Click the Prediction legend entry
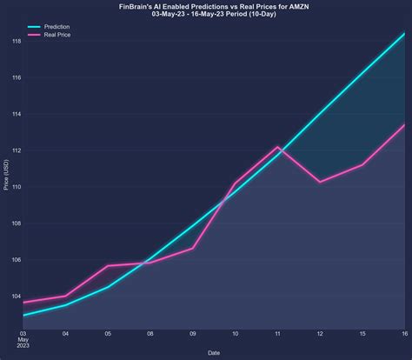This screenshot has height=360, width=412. tap(57, 27)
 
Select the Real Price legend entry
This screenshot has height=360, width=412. tap(57, 35)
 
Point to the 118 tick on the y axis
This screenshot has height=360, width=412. tap(16, 41)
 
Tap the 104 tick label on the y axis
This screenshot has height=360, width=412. tap(16, 296)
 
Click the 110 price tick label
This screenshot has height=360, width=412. tap(16, 187)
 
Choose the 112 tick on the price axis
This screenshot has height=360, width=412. tap(16, 150)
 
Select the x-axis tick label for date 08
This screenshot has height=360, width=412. tap(150, 334)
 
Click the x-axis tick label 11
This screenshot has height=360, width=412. tap(277, 334)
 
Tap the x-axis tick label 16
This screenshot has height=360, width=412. tap(404, 334)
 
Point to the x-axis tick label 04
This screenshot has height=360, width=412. tap(66, 334)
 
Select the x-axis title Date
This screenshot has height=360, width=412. tap(214, 352)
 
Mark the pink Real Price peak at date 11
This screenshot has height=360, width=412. tap(277, 147)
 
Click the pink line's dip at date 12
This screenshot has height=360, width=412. tap(320, 182)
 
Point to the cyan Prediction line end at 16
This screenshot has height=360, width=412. tap(404, 34)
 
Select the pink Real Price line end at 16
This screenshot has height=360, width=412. tap(404, 124)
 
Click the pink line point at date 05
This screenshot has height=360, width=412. tap(108, 266)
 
